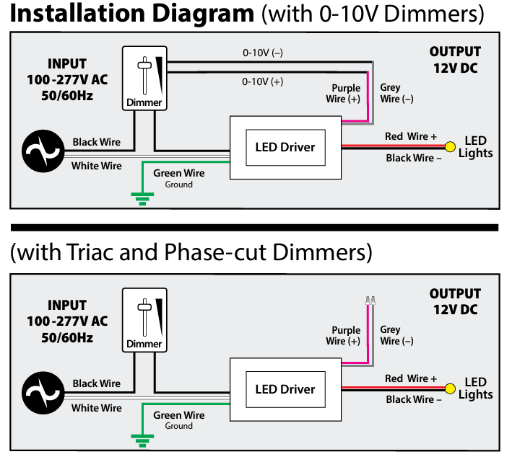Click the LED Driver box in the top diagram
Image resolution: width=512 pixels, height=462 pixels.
(x=285, y=147)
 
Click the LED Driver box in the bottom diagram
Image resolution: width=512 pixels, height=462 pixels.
(x=285, y=389)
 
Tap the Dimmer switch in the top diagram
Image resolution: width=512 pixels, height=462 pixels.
(x=144, y=79)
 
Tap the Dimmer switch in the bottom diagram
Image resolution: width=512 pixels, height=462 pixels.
(x=144, y=320)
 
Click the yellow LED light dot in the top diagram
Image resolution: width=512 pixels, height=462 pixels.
(x=449, y=147)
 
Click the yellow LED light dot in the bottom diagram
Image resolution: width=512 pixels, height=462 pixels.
(x=449, y=389)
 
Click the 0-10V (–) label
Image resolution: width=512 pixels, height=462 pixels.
(x=263, y=53)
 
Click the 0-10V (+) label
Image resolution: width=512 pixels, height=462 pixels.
(x=263, y=81)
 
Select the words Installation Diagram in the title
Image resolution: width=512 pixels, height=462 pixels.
(x=129, y=14)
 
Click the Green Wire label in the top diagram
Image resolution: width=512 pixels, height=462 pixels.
(x=178, y=173)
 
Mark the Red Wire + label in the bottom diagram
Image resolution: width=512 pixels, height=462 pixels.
(x=411, y=378)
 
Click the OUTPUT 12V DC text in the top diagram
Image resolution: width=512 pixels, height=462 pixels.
(x=455, y=60)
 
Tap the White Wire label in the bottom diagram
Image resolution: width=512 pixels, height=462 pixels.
(x=96, y=408)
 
